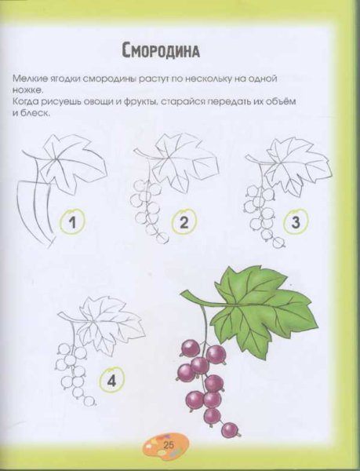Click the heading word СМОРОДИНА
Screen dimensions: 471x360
coord(161,52)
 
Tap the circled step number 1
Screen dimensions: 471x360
coord(72,222)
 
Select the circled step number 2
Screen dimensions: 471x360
coord(184,222)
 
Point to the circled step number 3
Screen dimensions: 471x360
coord(296,222)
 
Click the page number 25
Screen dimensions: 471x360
coord(169,446)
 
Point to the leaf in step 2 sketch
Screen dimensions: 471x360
coord(182,162)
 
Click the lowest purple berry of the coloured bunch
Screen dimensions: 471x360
coord(230,429)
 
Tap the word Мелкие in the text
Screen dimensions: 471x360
coord(30,80)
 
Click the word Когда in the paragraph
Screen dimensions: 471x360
coord(27,102)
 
